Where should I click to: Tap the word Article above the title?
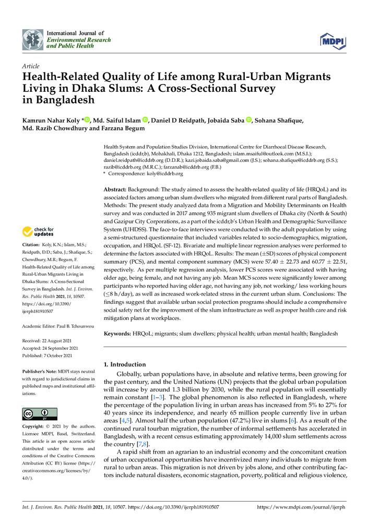pos(31,67)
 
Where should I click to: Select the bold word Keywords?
pos(120,332)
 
